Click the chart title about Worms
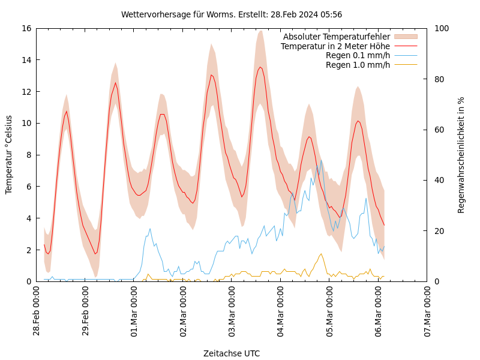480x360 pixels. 232,14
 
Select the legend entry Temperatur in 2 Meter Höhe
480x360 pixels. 335,46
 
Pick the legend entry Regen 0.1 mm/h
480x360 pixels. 358,56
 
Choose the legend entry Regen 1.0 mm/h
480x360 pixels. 358,65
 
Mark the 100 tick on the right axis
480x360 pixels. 439,28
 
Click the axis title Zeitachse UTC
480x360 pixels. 232,353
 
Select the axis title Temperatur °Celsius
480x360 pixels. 9,154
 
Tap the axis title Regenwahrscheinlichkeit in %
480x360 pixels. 461,154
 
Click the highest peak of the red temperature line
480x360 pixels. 260,67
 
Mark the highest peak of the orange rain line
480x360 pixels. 321,254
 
